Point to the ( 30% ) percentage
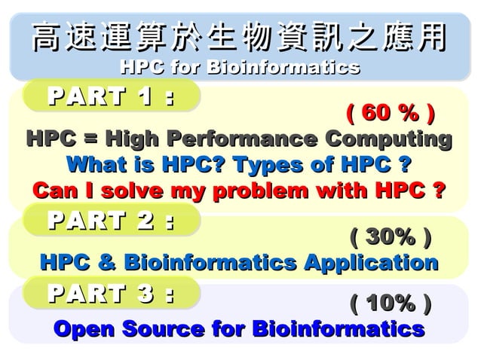coord(391,239)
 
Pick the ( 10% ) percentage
coord(391,304)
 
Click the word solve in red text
coord(121,190)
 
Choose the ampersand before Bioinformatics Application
coord(108,263)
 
